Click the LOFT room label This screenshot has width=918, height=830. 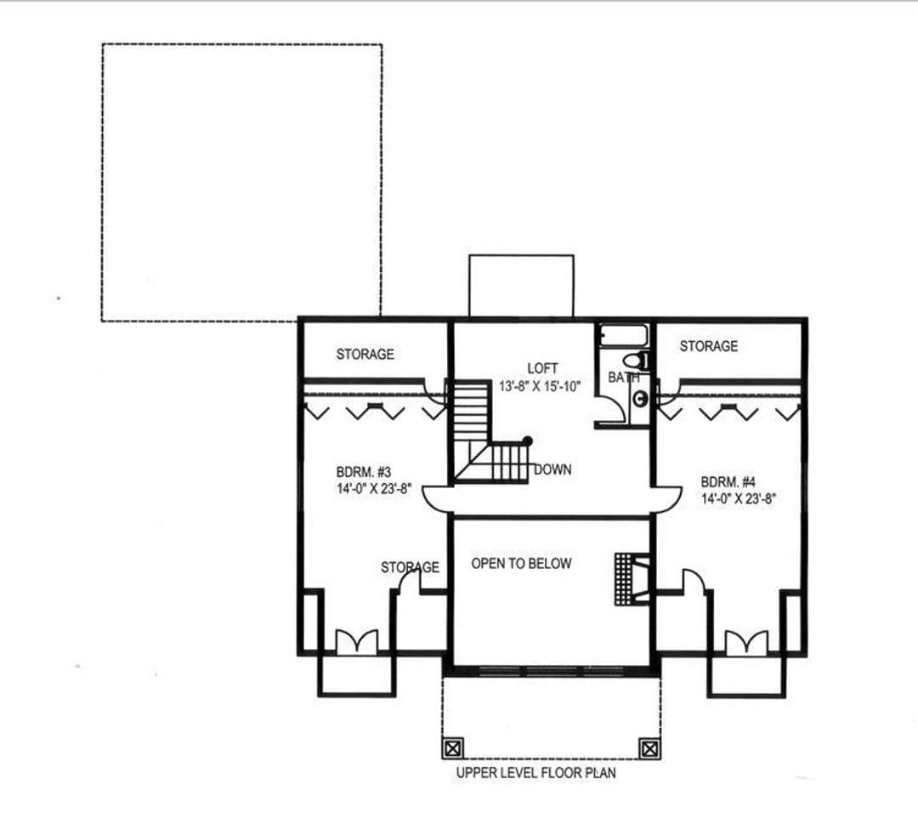tap(542, 368)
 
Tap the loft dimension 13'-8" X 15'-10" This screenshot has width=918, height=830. tap(540, 387)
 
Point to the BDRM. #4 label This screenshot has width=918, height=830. tap(728, 482)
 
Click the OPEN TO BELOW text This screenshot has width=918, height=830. tap(521, 564)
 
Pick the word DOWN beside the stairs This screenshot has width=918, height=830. tap(552, 469)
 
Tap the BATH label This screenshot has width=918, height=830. tap(624, 378)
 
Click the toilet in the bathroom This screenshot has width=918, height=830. tap(636, 360)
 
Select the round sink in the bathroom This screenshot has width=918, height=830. tap(641, 399)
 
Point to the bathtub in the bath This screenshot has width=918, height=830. tap(623, 336)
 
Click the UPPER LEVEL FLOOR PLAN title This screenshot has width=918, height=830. tap(535, 772)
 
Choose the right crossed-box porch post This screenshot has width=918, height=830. tap(649, 748)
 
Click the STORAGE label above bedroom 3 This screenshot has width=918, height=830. tap(365, 354)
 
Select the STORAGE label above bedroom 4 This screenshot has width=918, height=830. tap(708, 346)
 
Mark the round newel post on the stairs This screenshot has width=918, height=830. tap(528, 441)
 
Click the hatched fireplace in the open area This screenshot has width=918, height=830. tap(631, 578)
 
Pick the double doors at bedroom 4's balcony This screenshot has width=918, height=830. tap(746, 643)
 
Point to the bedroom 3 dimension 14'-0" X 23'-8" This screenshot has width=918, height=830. tap(374, 489)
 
